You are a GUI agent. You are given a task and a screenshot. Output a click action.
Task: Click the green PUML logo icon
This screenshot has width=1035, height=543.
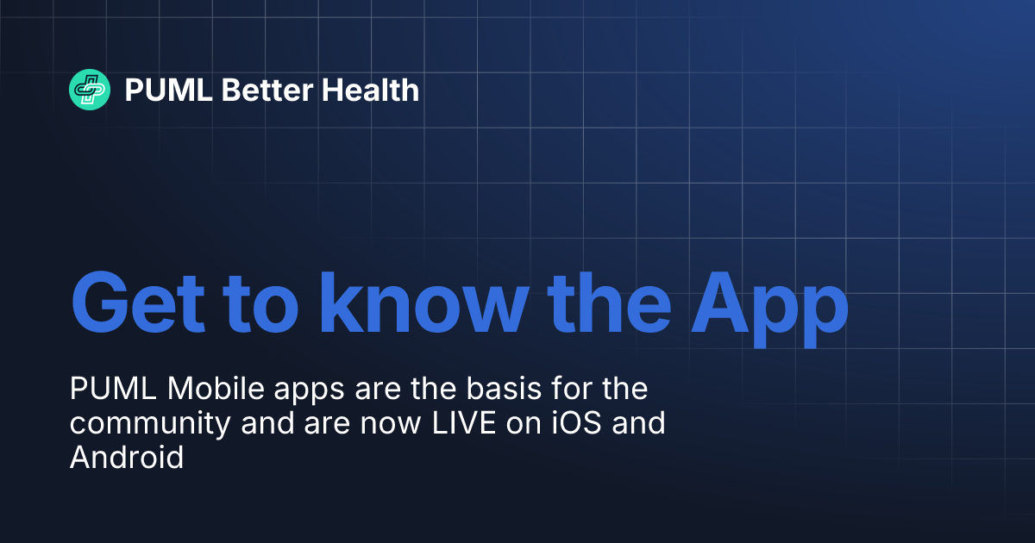click(90, 90)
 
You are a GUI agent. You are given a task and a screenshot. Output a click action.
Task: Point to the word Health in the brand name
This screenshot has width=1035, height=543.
click(370, 90)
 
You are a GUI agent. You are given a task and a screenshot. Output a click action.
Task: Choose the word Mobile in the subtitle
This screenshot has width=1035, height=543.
click(205, 390)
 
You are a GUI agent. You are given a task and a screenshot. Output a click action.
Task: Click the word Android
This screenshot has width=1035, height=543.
click(127, 458)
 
